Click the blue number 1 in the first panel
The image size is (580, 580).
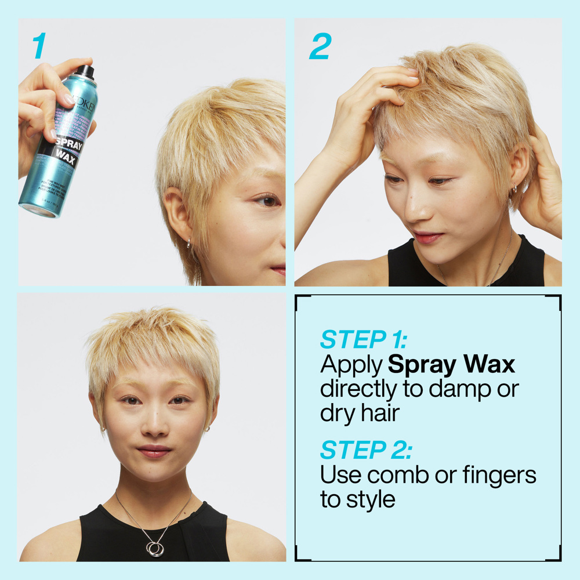click(x=39, y=46)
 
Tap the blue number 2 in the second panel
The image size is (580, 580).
click(x=320, y=46)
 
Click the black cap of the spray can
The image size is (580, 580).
click(x=85, y=71)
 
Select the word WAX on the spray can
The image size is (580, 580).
click(x=65, y=158)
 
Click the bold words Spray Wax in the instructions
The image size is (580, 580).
click(x=451, y=365)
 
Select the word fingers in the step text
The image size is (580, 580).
click(x=499, y=476)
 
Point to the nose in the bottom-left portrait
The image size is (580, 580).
click(x=154, y=426)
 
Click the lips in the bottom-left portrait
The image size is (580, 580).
click(x=154, y=451)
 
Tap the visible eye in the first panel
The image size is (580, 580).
click(x=268, y=201)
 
